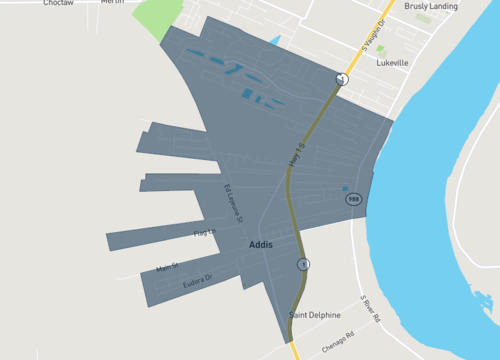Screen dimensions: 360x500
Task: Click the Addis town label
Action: pos(261,244)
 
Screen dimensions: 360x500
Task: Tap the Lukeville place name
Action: pos(393,62)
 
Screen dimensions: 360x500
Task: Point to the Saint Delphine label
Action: pos(312,315)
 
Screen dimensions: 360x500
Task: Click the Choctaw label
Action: pos(58,3)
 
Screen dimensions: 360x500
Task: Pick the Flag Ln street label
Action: pos(204,233)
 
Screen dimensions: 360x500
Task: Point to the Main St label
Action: pos(166,267)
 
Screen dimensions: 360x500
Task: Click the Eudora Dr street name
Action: pos(198,283)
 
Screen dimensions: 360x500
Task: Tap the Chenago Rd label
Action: pos(338,341)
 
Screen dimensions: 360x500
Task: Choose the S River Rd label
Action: pos(371,306)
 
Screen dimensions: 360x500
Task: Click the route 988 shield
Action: pos(353,200)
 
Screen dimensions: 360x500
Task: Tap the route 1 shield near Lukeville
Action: pos(342,79)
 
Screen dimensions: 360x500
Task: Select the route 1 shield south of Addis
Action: pos(302,264)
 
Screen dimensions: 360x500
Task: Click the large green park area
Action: pos(154,18)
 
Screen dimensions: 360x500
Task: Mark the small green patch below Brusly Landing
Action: pos(380,47)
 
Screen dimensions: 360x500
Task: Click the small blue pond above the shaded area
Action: pos(275,40)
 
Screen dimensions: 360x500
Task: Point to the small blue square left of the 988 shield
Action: pos(345,188)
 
